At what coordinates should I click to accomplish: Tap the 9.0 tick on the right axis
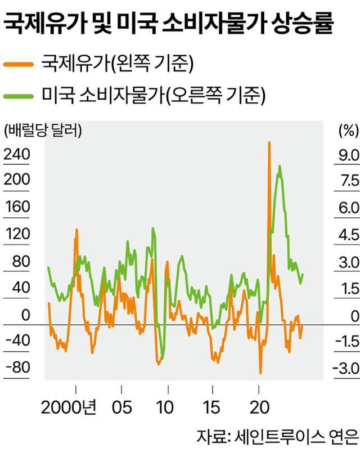(x=345, y=154)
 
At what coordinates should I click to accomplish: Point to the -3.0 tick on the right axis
(x=344, y=367)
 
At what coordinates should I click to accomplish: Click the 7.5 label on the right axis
(x=345, y=181)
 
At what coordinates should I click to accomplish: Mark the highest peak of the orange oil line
(x=269, y=143)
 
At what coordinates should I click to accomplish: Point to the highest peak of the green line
(x=280, y=166)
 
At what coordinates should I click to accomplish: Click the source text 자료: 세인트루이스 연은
(x=277, y=437)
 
